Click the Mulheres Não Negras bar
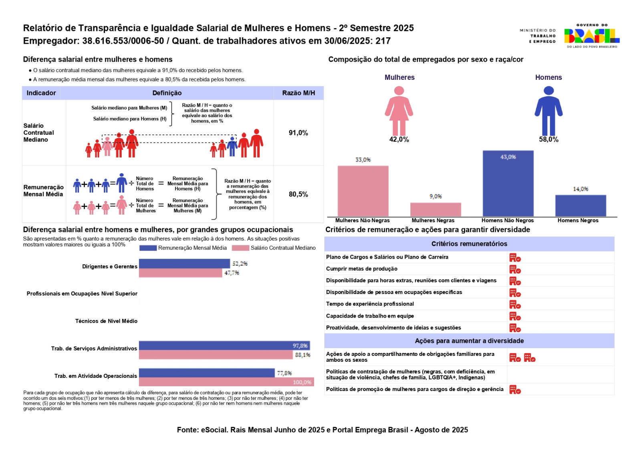pos(363,191)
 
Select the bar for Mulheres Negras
pos(435,210)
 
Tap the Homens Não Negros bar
pos(508,184)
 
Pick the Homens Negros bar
pos(581,206)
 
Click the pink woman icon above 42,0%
pos(399,111)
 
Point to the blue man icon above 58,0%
pos(548,111)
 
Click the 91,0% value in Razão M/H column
pos(298,133)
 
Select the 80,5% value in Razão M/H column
pos(298,194)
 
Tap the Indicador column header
pos(41,93)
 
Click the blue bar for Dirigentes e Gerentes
pos(184,263)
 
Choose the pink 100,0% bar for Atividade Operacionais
pos(226,382)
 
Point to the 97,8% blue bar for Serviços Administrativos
pos(224,345)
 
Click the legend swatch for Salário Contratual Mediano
pos(240,248)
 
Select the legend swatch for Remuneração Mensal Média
pos(148,248)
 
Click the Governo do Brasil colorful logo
pos(591,36)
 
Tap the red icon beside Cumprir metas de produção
pos(515,269)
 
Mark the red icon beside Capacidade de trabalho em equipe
pos(515,316)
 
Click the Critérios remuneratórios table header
pos(469,244)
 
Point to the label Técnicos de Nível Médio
pos(106,321)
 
